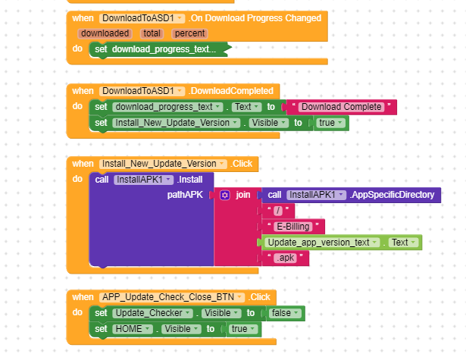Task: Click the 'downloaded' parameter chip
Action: click(105, 33)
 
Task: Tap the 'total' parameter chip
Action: click(152, 33)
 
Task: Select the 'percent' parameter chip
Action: click(189, 33)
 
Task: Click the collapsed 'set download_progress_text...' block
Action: click(163, 49)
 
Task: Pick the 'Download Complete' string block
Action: click(342, 107)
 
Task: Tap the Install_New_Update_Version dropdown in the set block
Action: click(170, 123)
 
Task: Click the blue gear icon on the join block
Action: click(225, 195)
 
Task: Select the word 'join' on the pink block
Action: click(243, 195)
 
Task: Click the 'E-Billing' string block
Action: click(295, 226)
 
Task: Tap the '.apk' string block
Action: click(286, 258)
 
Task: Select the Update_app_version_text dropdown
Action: click(322, 243)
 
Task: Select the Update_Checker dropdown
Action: click(151, 313)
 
